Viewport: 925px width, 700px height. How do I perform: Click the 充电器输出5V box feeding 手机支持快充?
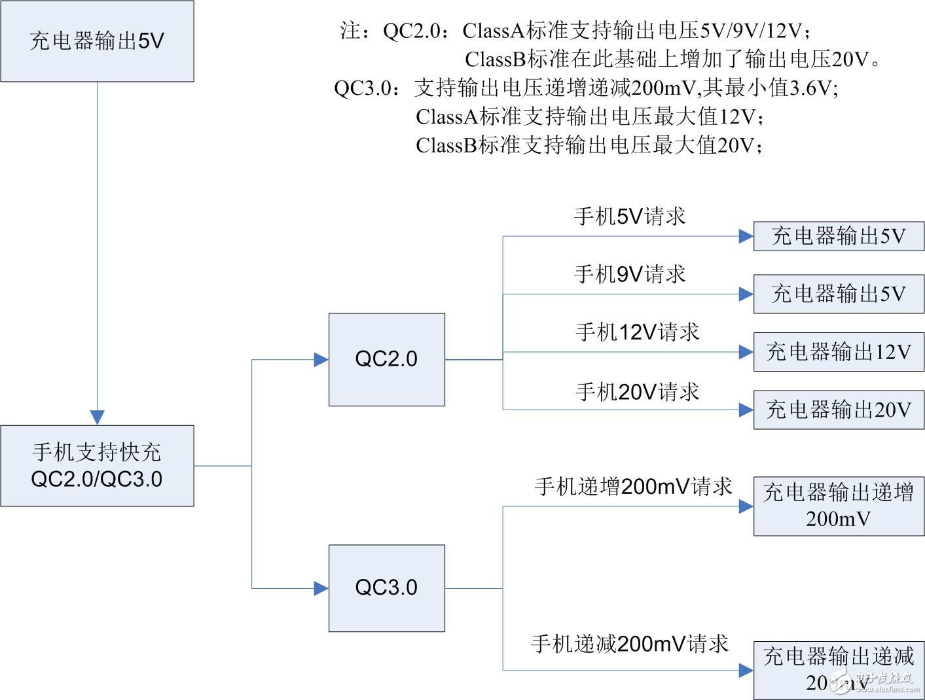pos(97,41)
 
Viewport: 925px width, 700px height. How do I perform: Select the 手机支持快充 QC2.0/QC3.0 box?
pos(97,466)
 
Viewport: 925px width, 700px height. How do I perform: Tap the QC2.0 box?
pos(386,359)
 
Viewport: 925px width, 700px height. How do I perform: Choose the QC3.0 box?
pos(386,587)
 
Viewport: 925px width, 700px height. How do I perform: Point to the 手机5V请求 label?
pos(630,217)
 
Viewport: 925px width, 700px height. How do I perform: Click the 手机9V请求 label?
pos(630,274)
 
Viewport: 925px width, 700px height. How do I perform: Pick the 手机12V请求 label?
pos(637,332)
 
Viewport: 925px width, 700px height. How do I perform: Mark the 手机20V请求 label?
pos(637,392)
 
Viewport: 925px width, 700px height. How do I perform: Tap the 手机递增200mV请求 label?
pos(633,487)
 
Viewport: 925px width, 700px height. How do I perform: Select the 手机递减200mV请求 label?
pos(629,644)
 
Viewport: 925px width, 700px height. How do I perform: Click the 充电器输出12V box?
pos(839,352)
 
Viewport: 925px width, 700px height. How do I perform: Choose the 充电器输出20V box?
pos(839,410)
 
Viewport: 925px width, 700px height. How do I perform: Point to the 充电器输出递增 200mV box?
pos(839,506)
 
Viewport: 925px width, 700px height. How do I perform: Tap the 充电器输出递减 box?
pos(839,670)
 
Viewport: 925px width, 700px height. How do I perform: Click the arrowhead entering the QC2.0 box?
pos(321,359)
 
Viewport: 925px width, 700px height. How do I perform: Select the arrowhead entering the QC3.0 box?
pos(321,588)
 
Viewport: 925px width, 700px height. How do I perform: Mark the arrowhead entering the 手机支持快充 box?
pos(98,417)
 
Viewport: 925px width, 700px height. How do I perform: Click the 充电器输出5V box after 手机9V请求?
pos(839,294)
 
